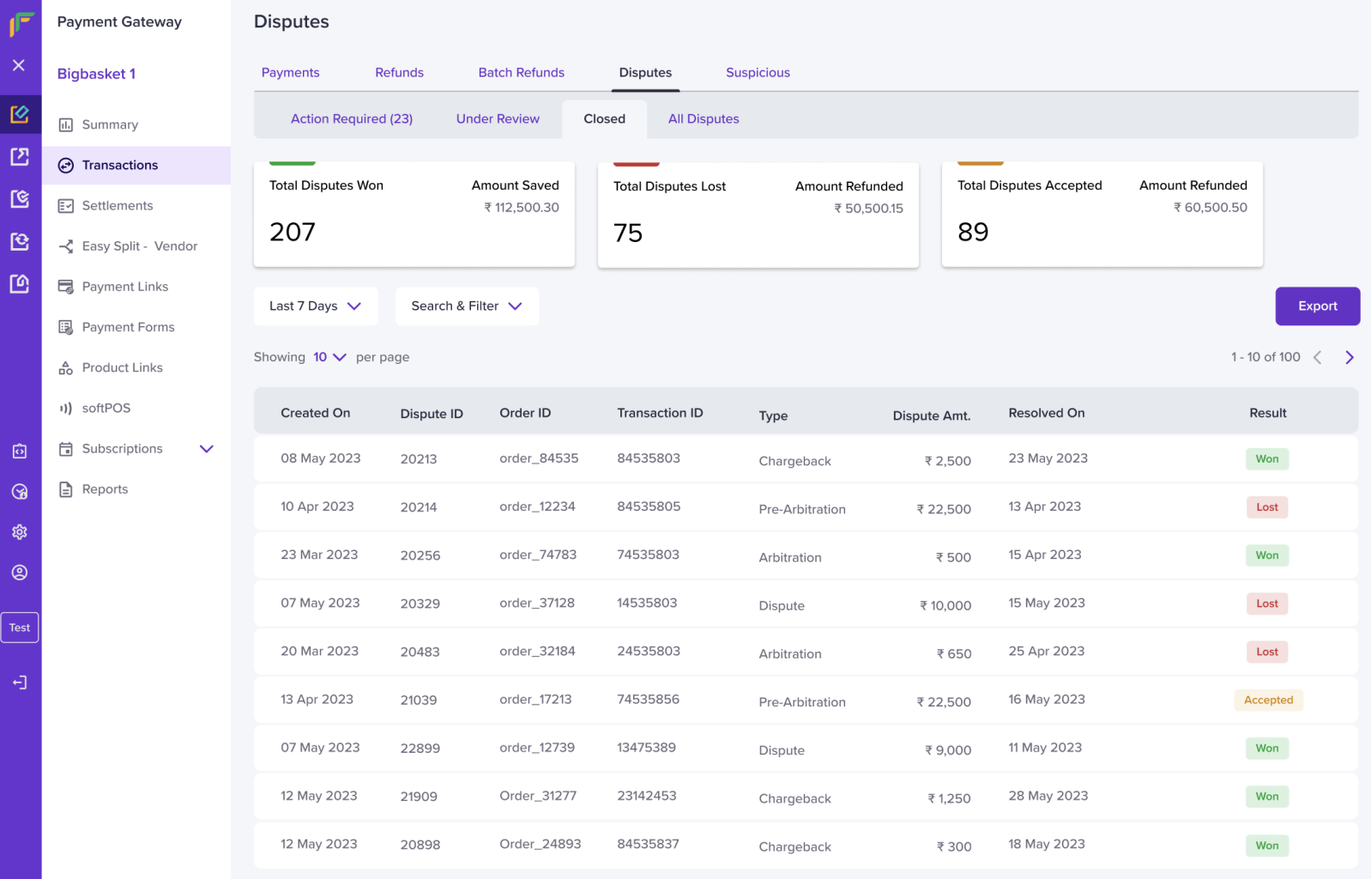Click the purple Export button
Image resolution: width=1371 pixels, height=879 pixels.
click(x=1317, y=306)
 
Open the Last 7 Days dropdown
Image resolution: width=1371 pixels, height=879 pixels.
click(x=315, y=306)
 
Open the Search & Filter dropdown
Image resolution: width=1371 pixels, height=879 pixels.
click(x=467, y=306)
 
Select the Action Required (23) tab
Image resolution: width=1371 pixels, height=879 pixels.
click(x=351, y=118)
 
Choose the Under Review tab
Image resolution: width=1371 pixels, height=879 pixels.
click(x=498, y=118)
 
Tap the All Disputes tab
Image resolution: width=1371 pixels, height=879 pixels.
click(x=704, y=118)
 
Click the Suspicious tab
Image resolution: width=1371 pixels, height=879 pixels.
click(x=758, y=72)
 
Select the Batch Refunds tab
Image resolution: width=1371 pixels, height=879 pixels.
click(x=521, y=72)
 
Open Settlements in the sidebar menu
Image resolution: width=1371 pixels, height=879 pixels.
click(x=117, y=206)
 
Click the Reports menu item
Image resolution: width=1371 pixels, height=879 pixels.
click(x=105, y=489)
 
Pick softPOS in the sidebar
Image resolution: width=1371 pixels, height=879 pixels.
click(x=106, y=408)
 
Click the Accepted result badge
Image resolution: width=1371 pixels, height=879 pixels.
click(x=1268, y=700)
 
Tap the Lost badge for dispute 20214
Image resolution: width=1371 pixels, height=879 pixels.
click(x=1267, y=507)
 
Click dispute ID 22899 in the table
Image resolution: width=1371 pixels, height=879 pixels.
click(x=420, y=748)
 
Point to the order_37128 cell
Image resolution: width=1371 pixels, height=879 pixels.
click(x=537, y=603)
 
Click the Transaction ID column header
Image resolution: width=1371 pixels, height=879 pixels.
click(x=660, y=413)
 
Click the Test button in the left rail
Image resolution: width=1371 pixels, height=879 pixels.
click(x=20, y=627)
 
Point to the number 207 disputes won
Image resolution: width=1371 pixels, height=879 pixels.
click(x=293, y=232)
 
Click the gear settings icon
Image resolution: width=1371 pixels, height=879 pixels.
click(x=20, y=531)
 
